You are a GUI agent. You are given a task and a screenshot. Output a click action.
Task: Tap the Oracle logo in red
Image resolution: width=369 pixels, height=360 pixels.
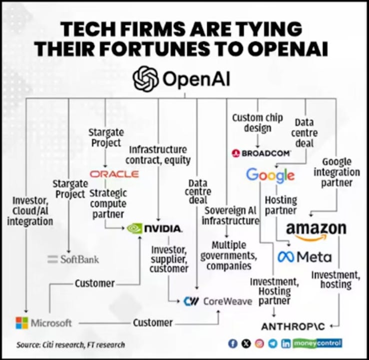point(114,174)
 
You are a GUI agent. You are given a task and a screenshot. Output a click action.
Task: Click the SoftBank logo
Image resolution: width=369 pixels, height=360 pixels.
point(73,259)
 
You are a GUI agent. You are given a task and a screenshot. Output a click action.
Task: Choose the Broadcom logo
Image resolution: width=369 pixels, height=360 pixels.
point(261,153)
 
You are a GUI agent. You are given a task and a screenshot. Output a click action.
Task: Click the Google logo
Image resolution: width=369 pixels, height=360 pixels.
point(270,175)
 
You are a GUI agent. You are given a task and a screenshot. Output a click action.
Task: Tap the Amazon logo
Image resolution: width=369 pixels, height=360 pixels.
point(316,230)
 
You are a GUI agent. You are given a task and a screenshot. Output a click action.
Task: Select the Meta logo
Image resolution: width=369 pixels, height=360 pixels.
point(304,257)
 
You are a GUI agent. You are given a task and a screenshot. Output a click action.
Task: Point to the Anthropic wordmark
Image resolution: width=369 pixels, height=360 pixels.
point(293,326)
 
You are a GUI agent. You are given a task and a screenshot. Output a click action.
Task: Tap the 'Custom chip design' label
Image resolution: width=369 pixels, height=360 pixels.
point(258,123)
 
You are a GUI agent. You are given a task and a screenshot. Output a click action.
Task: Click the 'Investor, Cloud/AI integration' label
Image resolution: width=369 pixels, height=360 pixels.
point(30,211)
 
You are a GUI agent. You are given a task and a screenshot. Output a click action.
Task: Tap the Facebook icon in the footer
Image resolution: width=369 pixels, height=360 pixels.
point(233,344)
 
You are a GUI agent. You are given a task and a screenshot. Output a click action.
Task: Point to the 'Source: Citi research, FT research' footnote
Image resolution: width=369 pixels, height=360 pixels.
point(70,345)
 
